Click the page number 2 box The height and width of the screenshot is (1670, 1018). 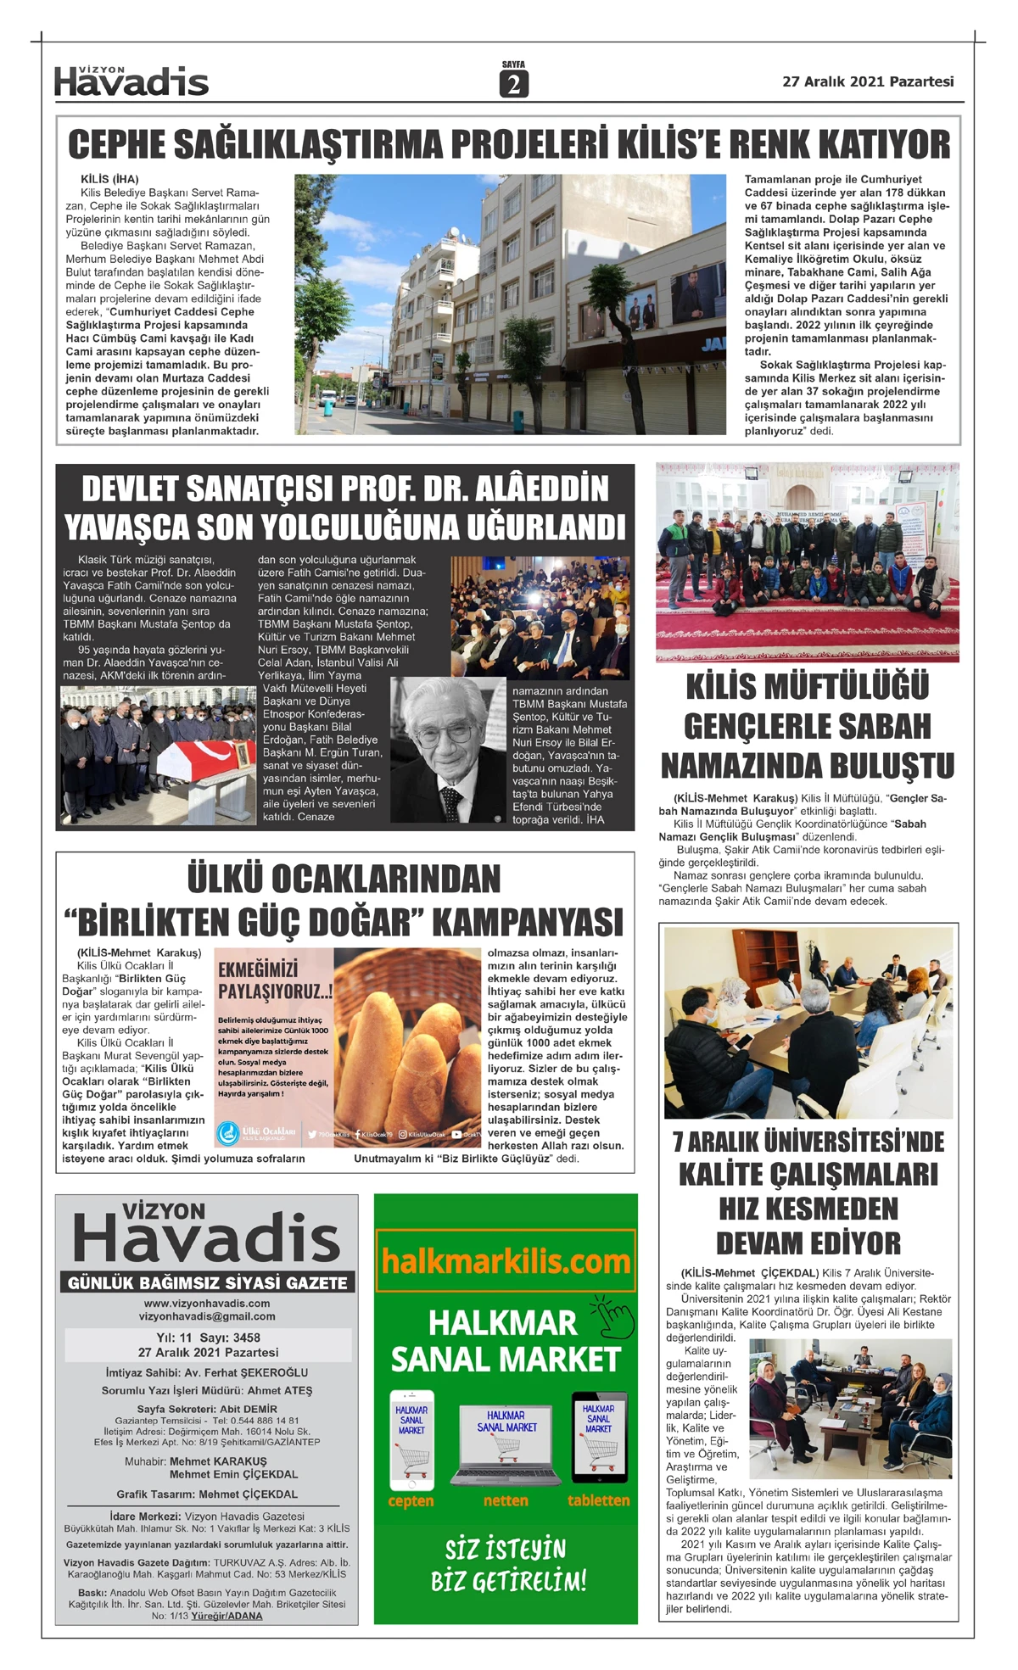click(513, 84)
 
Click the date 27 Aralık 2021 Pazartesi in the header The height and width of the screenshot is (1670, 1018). click(868, 81)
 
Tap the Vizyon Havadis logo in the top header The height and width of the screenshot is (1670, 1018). click(131, 81)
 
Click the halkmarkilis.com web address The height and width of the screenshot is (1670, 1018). click(506, 1261)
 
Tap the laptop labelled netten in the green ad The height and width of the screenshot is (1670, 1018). click(506, 1443)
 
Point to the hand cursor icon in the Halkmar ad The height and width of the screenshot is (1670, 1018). click(613, 1314)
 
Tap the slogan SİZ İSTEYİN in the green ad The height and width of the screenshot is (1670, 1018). click(506, 1550)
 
